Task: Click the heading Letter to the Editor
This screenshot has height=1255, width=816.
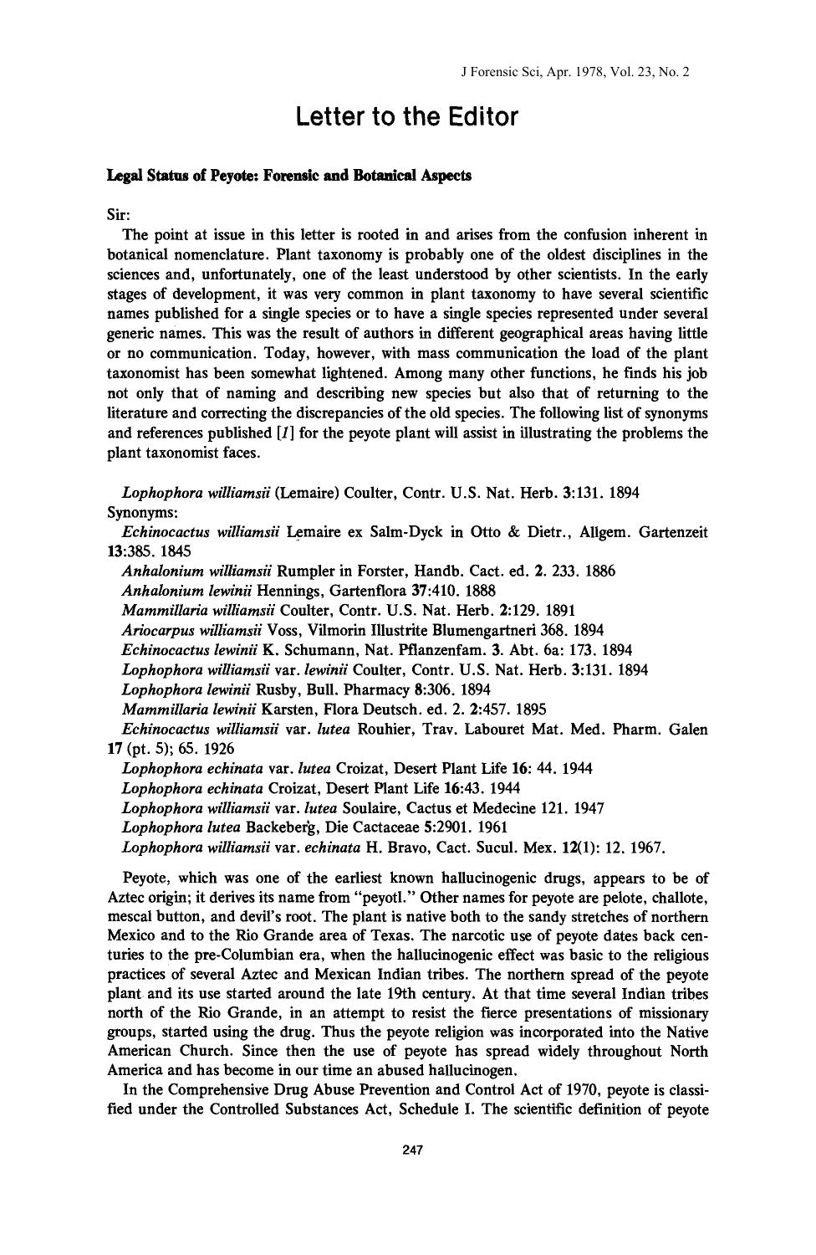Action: [407, 117]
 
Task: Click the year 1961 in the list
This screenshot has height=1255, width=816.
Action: [487, 827]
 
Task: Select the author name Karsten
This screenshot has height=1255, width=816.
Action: [288, 709]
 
